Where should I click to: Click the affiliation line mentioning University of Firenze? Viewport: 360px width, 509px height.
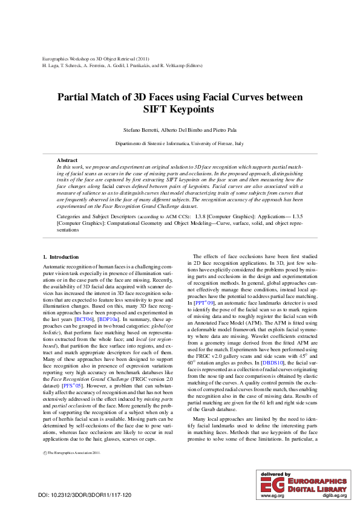[180, 143]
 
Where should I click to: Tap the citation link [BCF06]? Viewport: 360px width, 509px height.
[83, 302]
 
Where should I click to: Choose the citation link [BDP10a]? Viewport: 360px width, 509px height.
[108, 302]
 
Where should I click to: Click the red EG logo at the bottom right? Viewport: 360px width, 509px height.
[271, 482]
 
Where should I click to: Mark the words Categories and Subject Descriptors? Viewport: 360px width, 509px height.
[91, 216]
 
